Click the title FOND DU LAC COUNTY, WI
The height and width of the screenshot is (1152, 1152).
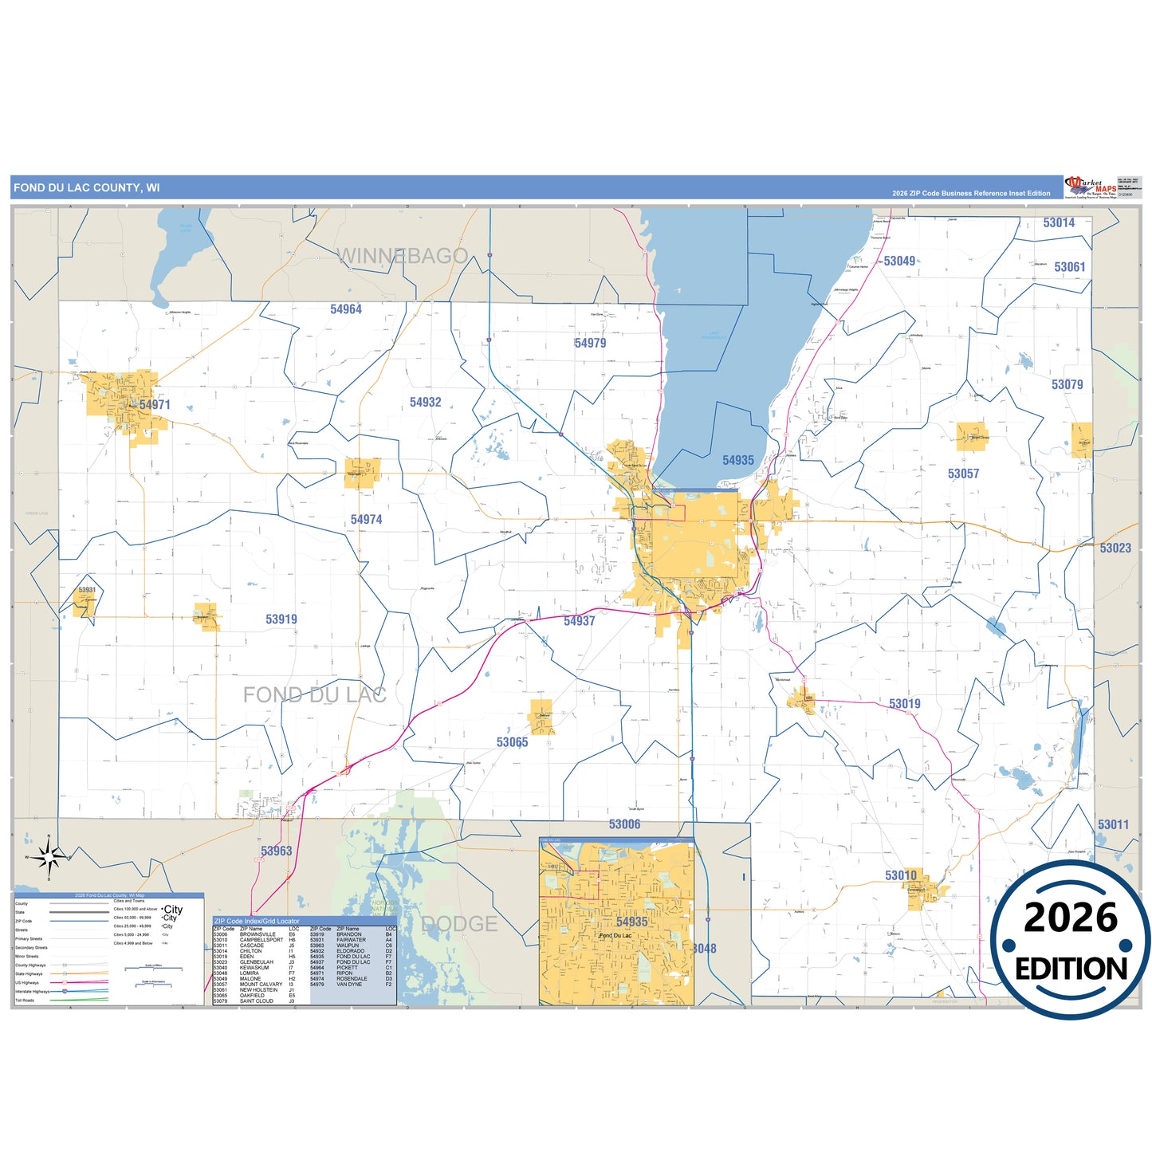[86, 188]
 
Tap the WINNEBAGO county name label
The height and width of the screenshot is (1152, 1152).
[403, 256]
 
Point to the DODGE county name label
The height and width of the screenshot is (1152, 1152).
[459, 924]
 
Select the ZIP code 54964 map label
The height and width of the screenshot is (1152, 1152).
[346, 309]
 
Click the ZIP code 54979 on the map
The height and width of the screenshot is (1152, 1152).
[590, 343]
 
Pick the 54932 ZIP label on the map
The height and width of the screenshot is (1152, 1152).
[425, 403]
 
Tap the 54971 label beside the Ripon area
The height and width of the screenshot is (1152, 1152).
[155, 405]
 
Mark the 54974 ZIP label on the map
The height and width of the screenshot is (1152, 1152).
[366, 520]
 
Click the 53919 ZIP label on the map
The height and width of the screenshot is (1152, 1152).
[281, 619]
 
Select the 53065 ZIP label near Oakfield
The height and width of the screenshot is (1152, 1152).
[512, 742]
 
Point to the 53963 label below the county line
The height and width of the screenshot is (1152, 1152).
[276, 851]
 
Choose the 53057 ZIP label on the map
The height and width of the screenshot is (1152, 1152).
[963, 474]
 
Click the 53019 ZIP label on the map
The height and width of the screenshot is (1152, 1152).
[905, 704]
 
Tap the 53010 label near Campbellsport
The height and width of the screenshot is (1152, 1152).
[901, 875]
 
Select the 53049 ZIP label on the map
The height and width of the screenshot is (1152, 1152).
[899, 261]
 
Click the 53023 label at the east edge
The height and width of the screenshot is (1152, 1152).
[1115, 548]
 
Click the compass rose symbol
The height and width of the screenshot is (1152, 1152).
[49, 857]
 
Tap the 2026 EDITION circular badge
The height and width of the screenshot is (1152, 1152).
[1071, 941]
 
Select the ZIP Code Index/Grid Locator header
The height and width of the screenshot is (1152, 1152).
[257, 921]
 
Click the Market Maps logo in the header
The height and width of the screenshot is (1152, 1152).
[1090, 187]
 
